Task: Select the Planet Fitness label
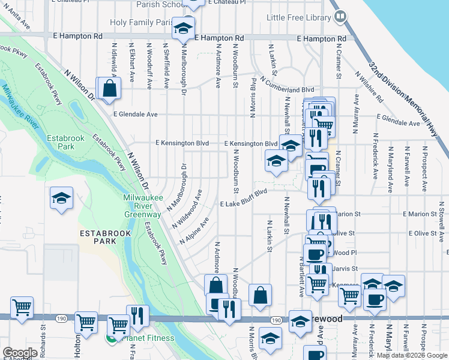coord(148,338)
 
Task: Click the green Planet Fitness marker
coord(111,338)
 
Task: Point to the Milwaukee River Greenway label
coord(142,206)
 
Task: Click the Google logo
coord(20,353)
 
